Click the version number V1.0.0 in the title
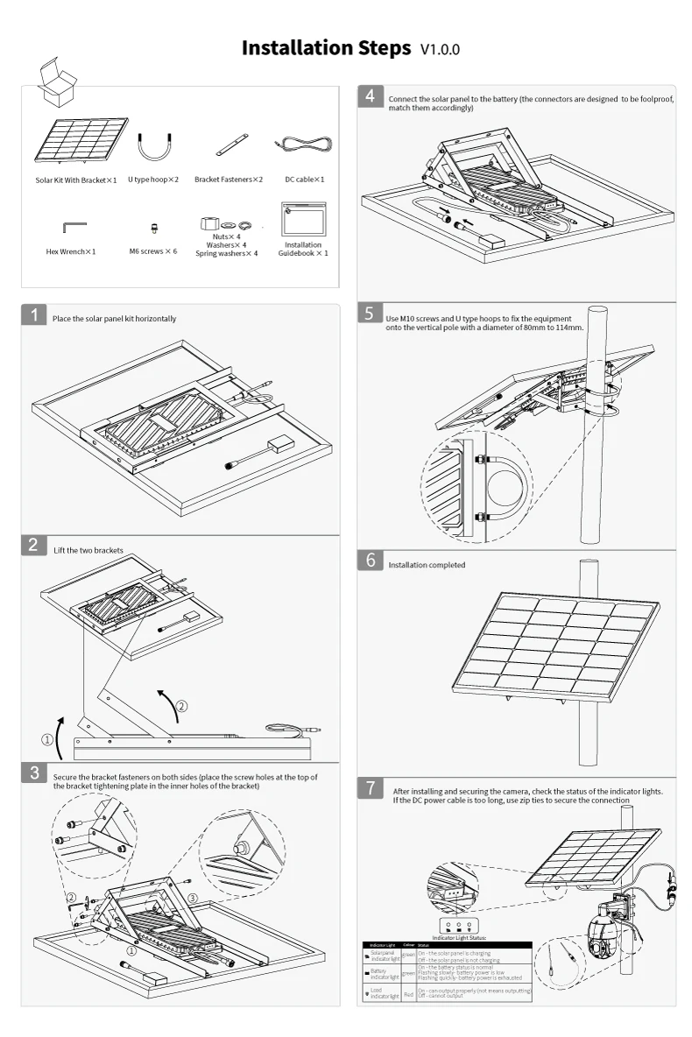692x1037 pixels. (x=440, y=50)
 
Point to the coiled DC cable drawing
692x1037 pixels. (x=305, y=144)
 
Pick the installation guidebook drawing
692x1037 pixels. (x=303, y=219)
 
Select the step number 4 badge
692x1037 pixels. (x=371, y=96)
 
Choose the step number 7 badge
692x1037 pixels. (x=371, y=788)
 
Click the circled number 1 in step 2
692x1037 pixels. (x=48, y=739)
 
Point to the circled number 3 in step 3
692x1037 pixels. (x=193, y=898)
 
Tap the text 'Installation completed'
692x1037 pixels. (x=427, y=565)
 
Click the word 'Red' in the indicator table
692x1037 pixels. (x=408, y=994)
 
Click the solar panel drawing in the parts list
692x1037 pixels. (x=77, y=140)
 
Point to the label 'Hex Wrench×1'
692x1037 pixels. (x=71, y=251)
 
